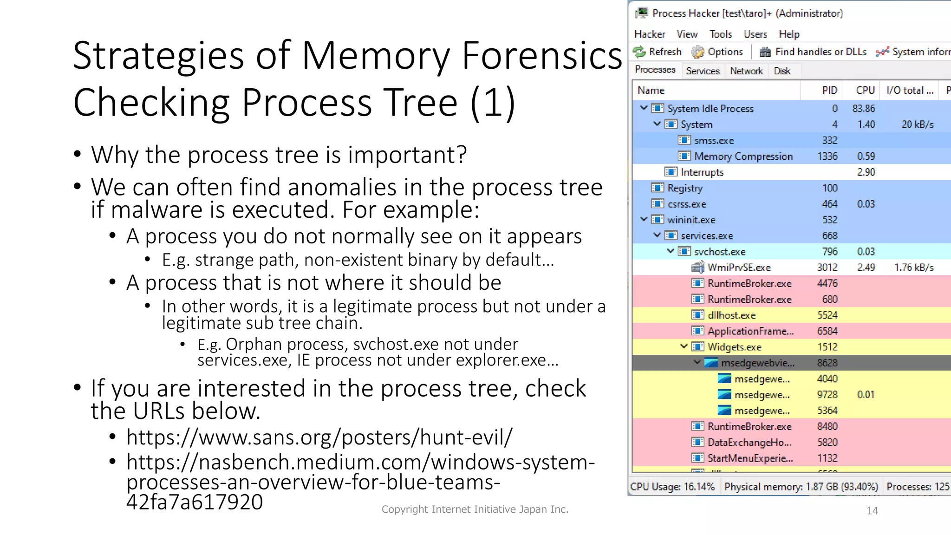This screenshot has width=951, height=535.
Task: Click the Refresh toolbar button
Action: pyautogui.click(x=658, y=52)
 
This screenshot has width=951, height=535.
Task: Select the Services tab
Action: pyautogui.click(x=702, y=71)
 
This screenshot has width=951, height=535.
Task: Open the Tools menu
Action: pyautogui.click(x=720, y=34)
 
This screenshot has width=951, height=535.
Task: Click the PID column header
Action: pyautogui.click(x=829, y=91)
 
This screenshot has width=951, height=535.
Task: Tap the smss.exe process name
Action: pyautogui.click(x=714, y=141)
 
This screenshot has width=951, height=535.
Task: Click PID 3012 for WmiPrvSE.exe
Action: pyautogui.click(x=827, y=268)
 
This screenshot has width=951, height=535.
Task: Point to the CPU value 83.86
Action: pyautogui.click(x=863, y=109)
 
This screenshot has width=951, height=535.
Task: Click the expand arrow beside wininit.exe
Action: pyautogui.click(x=644, y=219)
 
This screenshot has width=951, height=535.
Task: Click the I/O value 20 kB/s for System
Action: pyautogui.click(x=917, y=125)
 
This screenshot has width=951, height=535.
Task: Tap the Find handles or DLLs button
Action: pyautogui.click(x=813, y=52)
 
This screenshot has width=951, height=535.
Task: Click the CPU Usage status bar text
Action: pyautogui.click(x=672, y=487)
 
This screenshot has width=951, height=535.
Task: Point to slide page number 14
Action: pyautogui.click(x=872, y=511)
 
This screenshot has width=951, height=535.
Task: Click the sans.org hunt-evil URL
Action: pyautogui.click(x=319, y=437)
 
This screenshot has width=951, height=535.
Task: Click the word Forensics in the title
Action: pyautogui.click(x=541, y=56)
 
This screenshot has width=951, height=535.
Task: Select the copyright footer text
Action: pyautogui.click(x=475, y=509)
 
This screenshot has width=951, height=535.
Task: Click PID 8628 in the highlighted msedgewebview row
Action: pyautogui.click(x=827, y=363)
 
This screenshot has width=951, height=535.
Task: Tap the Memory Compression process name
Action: pyautogui.click(x=743, y=157)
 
